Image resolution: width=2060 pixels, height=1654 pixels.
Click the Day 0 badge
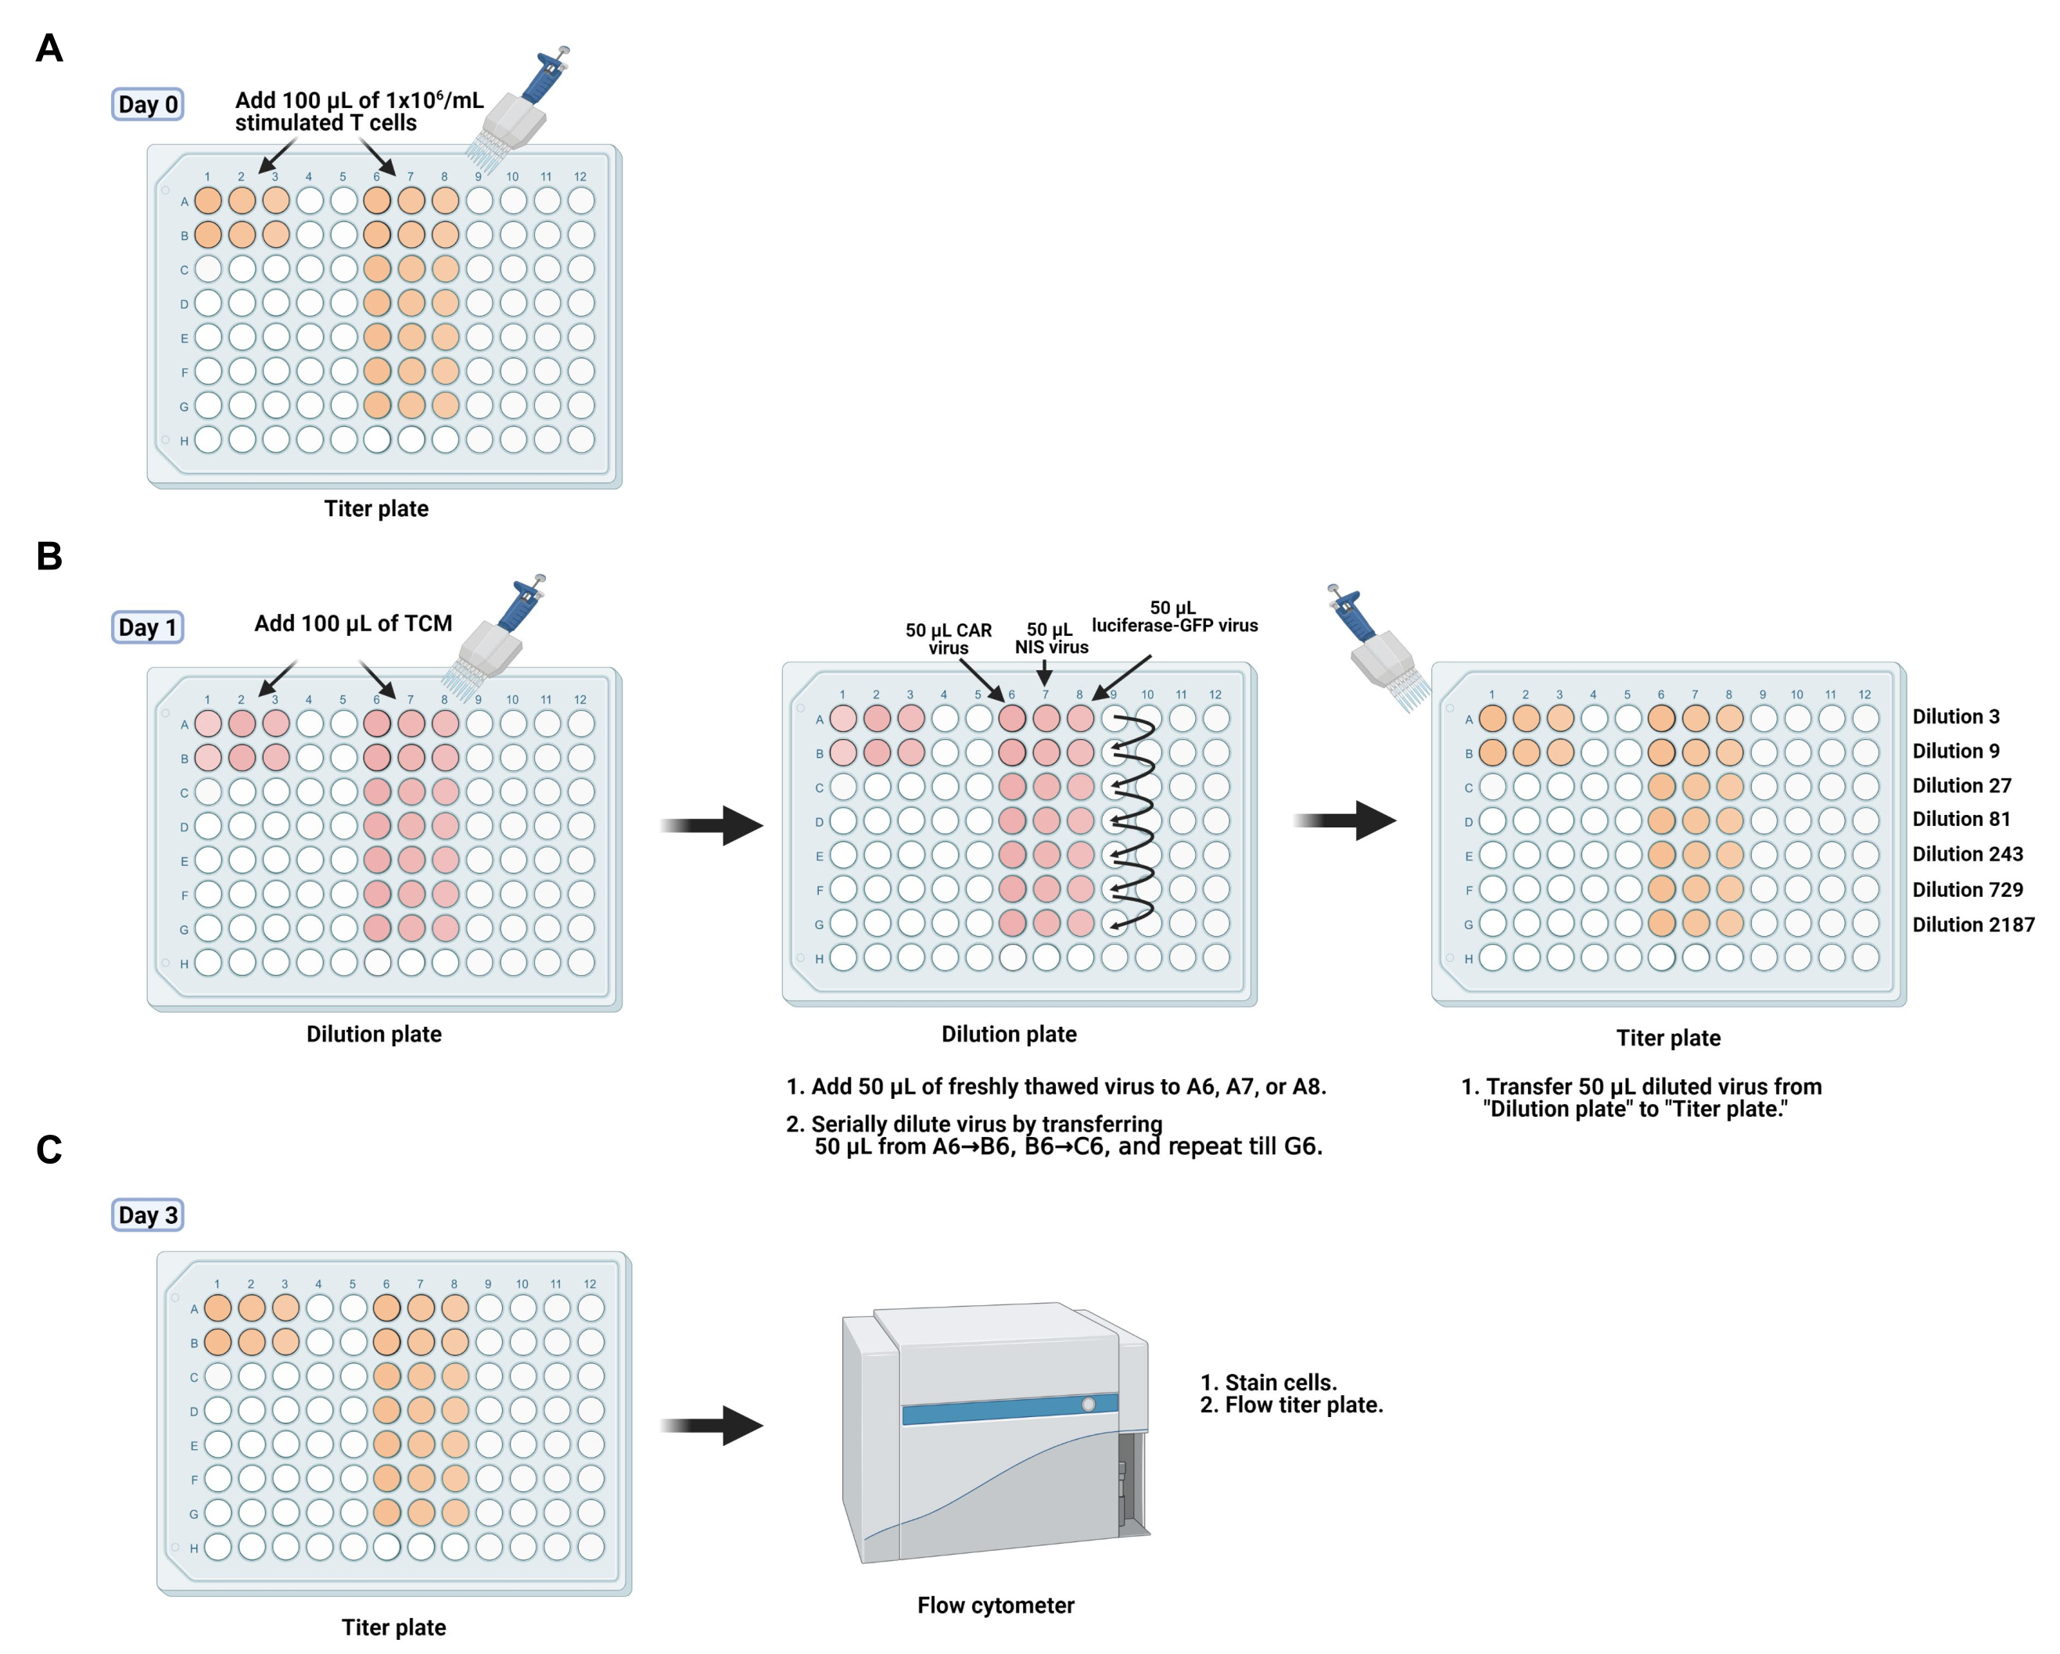pos(147,104)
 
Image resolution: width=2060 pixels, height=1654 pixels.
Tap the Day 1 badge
pos(147,627)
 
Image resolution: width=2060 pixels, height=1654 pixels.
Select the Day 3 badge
pos(147,1214)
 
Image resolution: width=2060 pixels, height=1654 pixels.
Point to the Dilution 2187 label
pos(1973,924)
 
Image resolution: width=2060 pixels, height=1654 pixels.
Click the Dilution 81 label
pos(1961,819)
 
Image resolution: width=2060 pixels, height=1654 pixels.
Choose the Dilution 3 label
pos(1955,716)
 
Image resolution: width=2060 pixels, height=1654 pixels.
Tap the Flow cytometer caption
pos(996,1606)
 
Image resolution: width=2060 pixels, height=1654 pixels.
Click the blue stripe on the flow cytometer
pos(1010,1408)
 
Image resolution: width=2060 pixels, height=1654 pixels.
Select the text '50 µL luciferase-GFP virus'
pos(1174,616)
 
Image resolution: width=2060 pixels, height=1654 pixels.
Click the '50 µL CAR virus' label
pos(949,638)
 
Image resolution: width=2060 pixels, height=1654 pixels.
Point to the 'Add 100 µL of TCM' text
pos(353,623)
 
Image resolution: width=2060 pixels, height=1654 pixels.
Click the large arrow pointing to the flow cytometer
pos(712,1426)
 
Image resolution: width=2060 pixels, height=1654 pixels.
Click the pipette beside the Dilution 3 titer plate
pos(1376,648)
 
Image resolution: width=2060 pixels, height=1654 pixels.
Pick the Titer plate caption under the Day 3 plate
pos(393,1627)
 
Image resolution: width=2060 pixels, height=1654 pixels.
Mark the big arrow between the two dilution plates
pos(712,826)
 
